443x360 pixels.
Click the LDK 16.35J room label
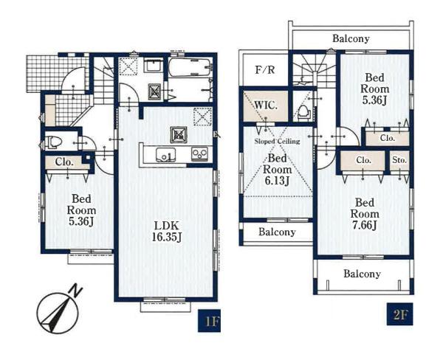pyautogui.click(x=166, y=232)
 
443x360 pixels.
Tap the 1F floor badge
pyautogui.click(x=209, y=320)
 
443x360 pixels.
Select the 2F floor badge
pyautogui.click(x=399, y=314)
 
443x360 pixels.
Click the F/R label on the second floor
pyautogui.click(x=265, y=69)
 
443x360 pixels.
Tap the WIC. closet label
pyautogui.click(x=266, y=105)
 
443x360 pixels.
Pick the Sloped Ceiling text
pyautogui.click(x=277, y=141)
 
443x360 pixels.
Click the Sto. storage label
pyautogui.click(x=399, y=160)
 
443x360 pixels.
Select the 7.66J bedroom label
pyautogui.click(x=365, y=214)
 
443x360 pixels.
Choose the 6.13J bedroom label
pyautogui.click(x=277, y=170)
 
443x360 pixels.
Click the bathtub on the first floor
pyautogui.click(x=190, y=67)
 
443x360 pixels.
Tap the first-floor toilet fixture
pyautogui.click(x=54, y=142)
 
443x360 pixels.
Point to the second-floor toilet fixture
pyautogui.click(x=304, y=112)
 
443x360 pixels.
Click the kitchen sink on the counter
pyautogui.click(x=165, y=155)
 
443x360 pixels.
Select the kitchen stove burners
pyautogui.click(x=200, y=154)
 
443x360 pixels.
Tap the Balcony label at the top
pyautogui.click(x=351, y=38)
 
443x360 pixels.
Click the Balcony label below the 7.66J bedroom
pyautogui.click(x=362, y=274)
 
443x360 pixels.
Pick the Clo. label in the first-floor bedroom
pyautogui.click(x=64, y=162)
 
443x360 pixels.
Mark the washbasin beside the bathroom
pyautogui.click(x=153, y=66)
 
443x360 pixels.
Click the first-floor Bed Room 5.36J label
pyautogui.click(x=81, y=210)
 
